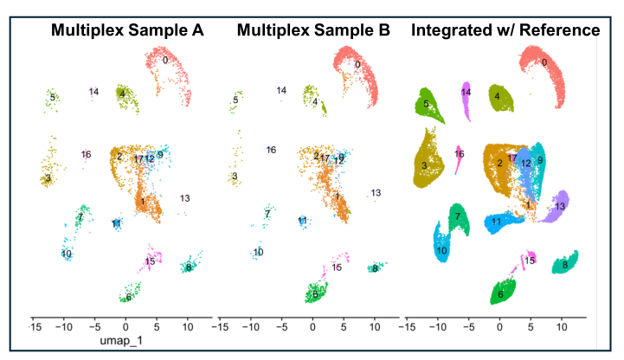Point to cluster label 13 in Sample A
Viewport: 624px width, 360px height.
tap(185, 199)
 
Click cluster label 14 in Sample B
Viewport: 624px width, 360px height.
tap(281, 91)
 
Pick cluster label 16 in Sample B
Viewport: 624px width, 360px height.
tap(271, 150)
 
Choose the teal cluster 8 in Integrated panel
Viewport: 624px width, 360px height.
tap(565, 262)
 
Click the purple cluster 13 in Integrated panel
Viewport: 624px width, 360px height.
tap(556, 205)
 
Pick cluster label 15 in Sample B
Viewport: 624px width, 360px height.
tap(336, 267)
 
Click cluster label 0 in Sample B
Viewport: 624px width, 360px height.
tap(357, 65)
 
